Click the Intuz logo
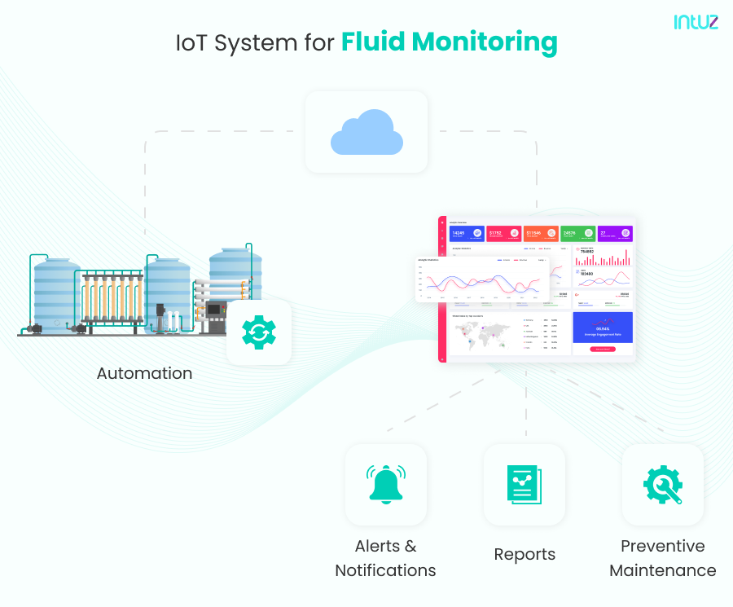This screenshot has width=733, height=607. pyautogui.click(x=696, y=23)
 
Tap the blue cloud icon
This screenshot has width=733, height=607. pyautogui.click(x=366, y=135)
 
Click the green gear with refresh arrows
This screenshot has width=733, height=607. pyautogui.click(x=259, y=332)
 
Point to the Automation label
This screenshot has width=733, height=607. pyautogui.click(x=144, y=374)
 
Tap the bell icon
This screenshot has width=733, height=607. pyautogui.click(x=385, y=485)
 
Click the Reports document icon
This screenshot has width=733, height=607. pyautogui.click(x=524, y=485)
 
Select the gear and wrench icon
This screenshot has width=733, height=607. pyautogui.click(x=662, y=485)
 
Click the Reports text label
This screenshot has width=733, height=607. pyautogui.click(x=525, y=555)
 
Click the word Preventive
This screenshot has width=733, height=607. pyautogui.click(x=662, y=546)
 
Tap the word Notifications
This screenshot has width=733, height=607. pyautogui.click(x=385, y=570)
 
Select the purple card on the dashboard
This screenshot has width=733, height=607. pyautogui.click(x=614, y=234)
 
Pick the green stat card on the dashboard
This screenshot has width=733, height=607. pyautogui.click(x=577, y=234)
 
